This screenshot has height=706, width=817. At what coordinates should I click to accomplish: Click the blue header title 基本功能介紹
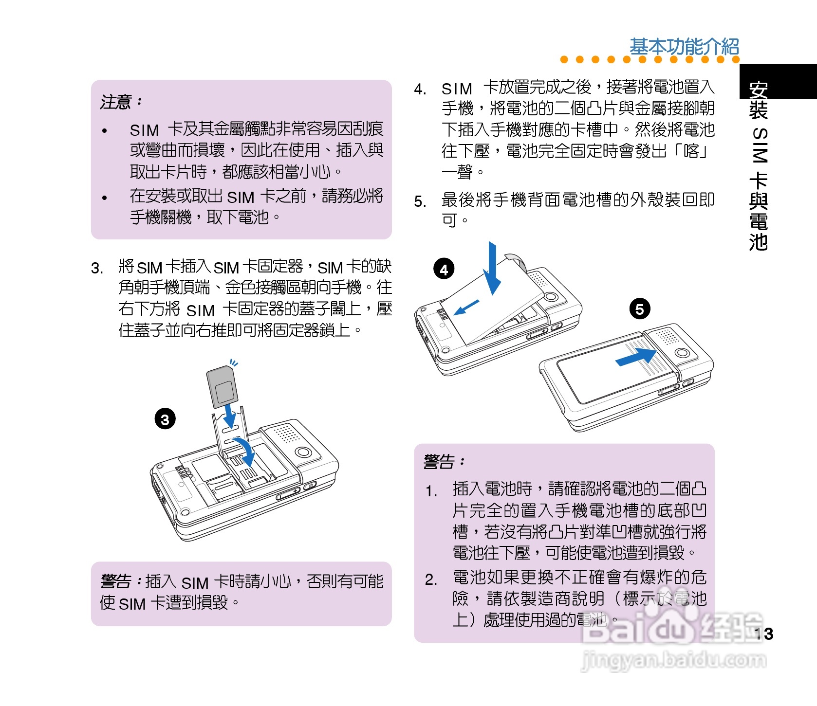684,47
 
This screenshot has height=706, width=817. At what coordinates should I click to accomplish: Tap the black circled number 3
165,419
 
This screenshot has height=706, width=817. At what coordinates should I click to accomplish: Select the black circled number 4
444,269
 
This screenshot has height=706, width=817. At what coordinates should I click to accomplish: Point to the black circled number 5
640,309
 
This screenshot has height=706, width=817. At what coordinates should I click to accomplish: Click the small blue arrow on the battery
466,308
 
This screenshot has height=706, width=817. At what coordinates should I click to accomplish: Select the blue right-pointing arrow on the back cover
636,357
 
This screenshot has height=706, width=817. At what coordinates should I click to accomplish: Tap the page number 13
763,634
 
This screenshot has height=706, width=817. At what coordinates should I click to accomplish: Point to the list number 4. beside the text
420,90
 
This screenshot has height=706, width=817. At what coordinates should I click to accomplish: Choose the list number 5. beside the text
420,201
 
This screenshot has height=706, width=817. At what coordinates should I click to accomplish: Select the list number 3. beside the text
97,268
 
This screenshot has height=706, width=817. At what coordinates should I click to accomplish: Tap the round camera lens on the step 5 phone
682,353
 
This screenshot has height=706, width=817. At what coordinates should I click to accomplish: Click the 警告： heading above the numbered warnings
445,461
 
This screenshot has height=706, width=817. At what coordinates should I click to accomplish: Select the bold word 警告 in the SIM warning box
116,581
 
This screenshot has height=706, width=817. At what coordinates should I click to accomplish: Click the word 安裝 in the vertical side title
759,100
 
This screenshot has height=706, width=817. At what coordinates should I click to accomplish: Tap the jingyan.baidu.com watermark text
674,660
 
